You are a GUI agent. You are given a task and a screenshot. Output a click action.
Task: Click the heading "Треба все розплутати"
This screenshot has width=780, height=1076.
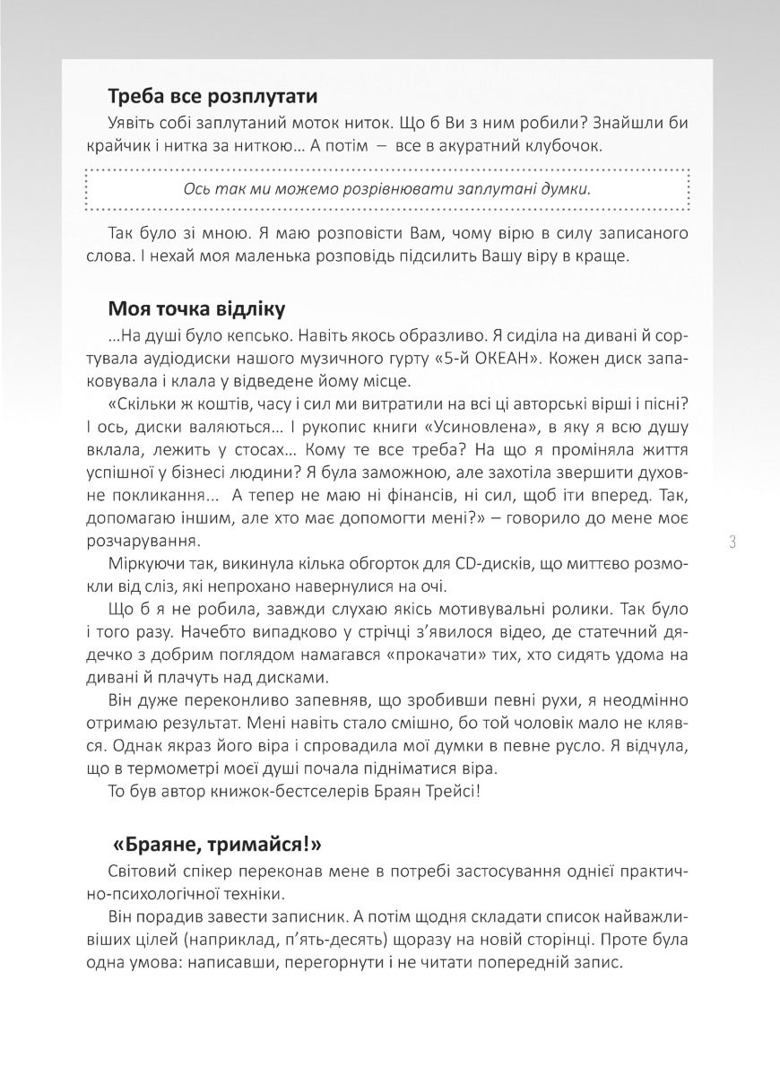[212, 95]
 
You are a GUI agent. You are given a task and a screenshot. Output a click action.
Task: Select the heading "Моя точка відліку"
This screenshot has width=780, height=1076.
[196, 309]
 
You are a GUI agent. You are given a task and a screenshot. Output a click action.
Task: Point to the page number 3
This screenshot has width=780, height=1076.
[732, 542]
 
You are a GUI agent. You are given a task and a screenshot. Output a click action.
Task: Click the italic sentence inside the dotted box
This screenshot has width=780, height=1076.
[386, 188]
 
